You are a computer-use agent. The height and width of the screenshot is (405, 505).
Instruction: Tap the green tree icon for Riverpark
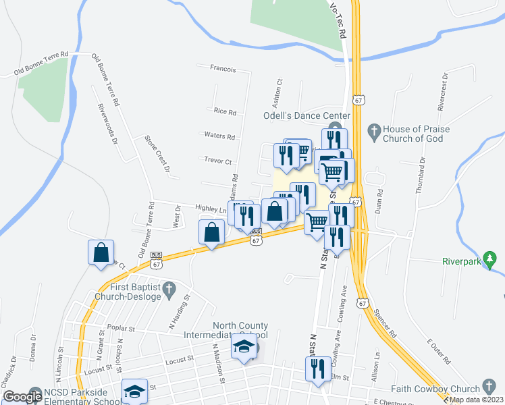pyautogui.click(x=491, y=259)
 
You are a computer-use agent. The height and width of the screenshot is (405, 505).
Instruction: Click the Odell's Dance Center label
pyautogui.click(x=306, y=115)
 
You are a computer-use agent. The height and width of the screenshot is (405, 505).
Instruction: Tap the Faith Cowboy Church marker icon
pyautogui.click(x=491, y=388)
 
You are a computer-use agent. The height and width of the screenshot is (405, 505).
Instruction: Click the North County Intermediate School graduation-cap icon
pyautogui.click(x=244, y=348)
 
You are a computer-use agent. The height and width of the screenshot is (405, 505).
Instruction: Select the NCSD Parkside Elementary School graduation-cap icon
pyautogui.click(x=134, y=391)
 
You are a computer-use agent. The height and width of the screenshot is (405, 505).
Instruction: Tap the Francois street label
pyautogui.click(x=223, y=69)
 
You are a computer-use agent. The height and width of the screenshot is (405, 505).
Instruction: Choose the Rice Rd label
pyautogui.click(x=225, y=111)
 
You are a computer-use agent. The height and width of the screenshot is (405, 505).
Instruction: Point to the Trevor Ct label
pyautogui.click(x=217, y=161)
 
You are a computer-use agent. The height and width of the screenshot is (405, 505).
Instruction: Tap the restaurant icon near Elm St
pyautogui.click(x=316, y=369)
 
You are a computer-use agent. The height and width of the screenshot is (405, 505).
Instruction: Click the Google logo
pyautogui.click(x=22, y=396)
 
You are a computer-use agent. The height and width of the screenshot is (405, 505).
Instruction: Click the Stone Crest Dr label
pyautogui.click(x=157, y=154)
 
